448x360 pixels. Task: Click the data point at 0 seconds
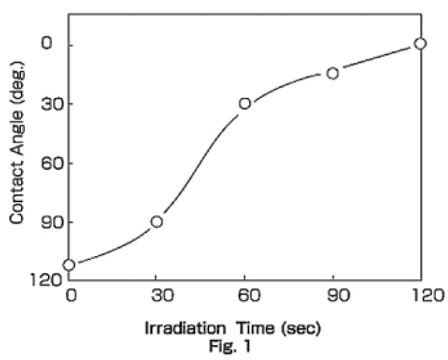coord(69,264)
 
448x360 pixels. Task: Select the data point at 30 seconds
coord(157,222)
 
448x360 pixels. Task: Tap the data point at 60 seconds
coord(245,103)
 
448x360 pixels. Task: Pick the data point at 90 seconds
coord(333,73)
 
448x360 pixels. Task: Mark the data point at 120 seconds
coord(420,43)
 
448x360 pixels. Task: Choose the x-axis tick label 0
coord(69,295)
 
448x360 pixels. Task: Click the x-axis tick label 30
coord(156,295)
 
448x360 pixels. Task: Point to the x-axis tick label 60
coord(244,295)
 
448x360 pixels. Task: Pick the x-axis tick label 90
coord(333,295)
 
